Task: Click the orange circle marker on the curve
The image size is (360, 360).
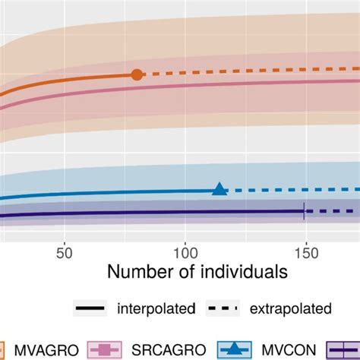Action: coord(137,74)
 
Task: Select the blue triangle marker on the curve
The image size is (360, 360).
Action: coord(219,189)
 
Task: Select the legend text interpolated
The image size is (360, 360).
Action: coord(156,308)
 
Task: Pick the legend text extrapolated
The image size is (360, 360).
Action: coord(292,308)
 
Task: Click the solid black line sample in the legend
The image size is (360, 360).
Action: coord(90,308)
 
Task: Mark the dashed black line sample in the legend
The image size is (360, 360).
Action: coord(224,308)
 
